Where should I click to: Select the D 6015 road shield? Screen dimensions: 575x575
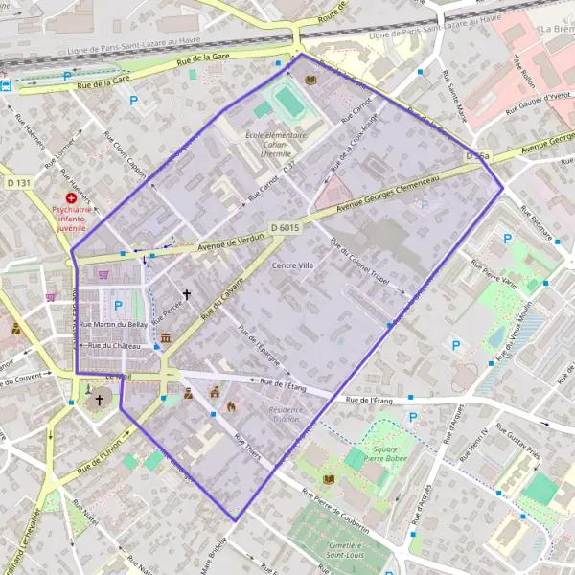[286, 227]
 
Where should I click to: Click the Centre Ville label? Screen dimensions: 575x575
[292, 264]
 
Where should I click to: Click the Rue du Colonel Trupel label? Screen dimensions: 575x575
[367, 266]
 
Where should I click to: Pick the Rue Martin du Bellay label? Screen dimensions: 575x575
[113, 325]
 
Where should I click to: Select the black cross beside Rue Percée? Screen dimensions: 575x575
[187, 296]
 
